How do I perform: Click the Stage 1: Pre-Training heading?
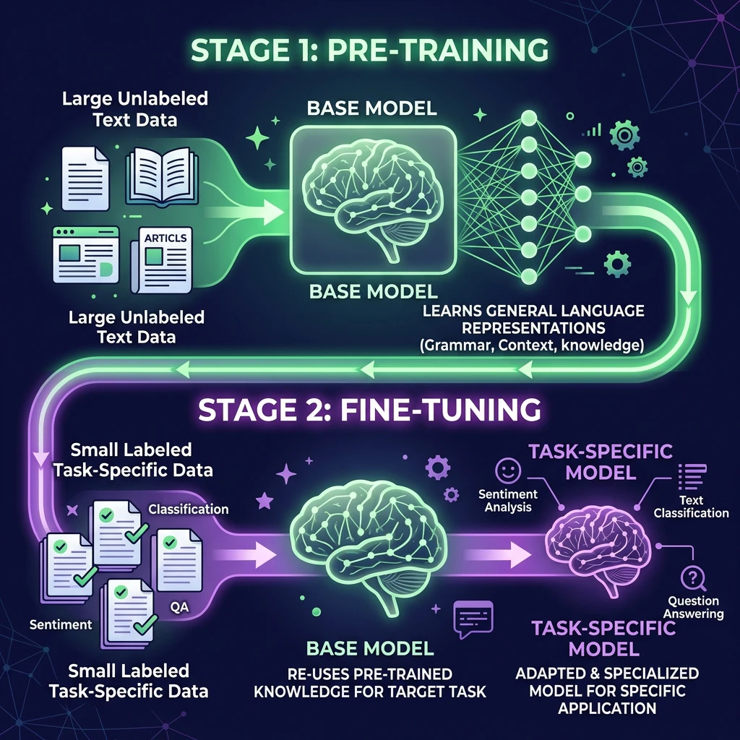coord(369,50)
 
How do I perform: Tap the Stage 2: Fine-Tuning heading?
coord(369,410)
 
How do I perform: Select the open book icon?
coord(162,177)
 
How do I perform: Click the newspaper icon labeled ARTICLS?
coord(162,259)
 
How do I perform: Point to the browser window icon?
coord(86,255)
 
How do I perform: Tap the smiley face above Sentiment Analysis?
coord(508,470)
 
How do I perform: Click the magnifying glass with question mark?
coord(693,579)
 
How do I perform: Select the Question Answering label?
coord(693,607)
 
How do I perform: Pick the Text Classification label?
coord(691,507)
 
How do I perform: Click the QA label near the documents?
coord(179,607)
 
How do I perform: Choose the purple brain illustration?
coord(598,550)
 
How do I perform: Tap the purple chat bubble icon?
coord(473,619)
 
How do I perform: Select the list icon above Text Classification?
coord(692,477)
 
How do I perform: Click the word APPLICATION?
coord(607,708)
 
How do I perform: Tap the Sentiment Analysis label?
coord(508,501)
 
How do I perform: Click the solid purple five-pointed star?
coord(264,502)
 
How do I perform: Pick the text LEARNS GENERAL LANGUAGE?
coord(533,311)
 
